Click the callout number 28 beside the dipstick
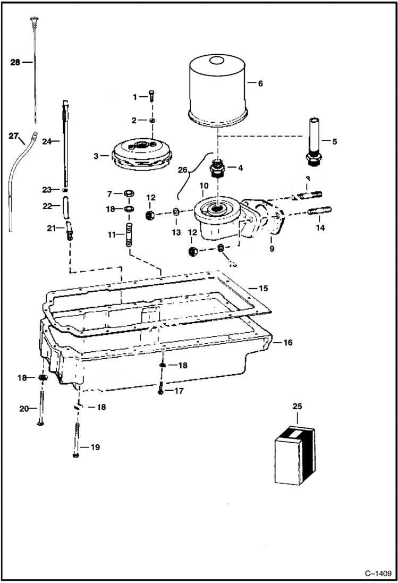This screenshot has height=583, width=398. pyautogui.click(x=15, y=62)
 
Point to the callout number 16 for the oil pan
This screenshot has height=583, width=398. pyautogui.click(x=287, y=343)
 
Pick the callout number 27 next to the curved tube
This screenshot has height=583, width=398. pyautogui.click(x=14, y=136)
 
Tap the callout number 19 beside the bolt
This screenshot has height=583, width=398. pyautogui.click(x=95, y=447)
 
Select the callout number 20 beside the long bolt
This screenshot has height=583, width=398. pyautogui.click(x=23, y=409)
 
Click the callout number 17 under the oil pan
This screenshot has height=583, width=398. pyautogui.click(x=179, y=391)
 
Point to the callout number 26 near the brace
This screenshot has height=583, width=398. pyautogui.click(x=182, y=170)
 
